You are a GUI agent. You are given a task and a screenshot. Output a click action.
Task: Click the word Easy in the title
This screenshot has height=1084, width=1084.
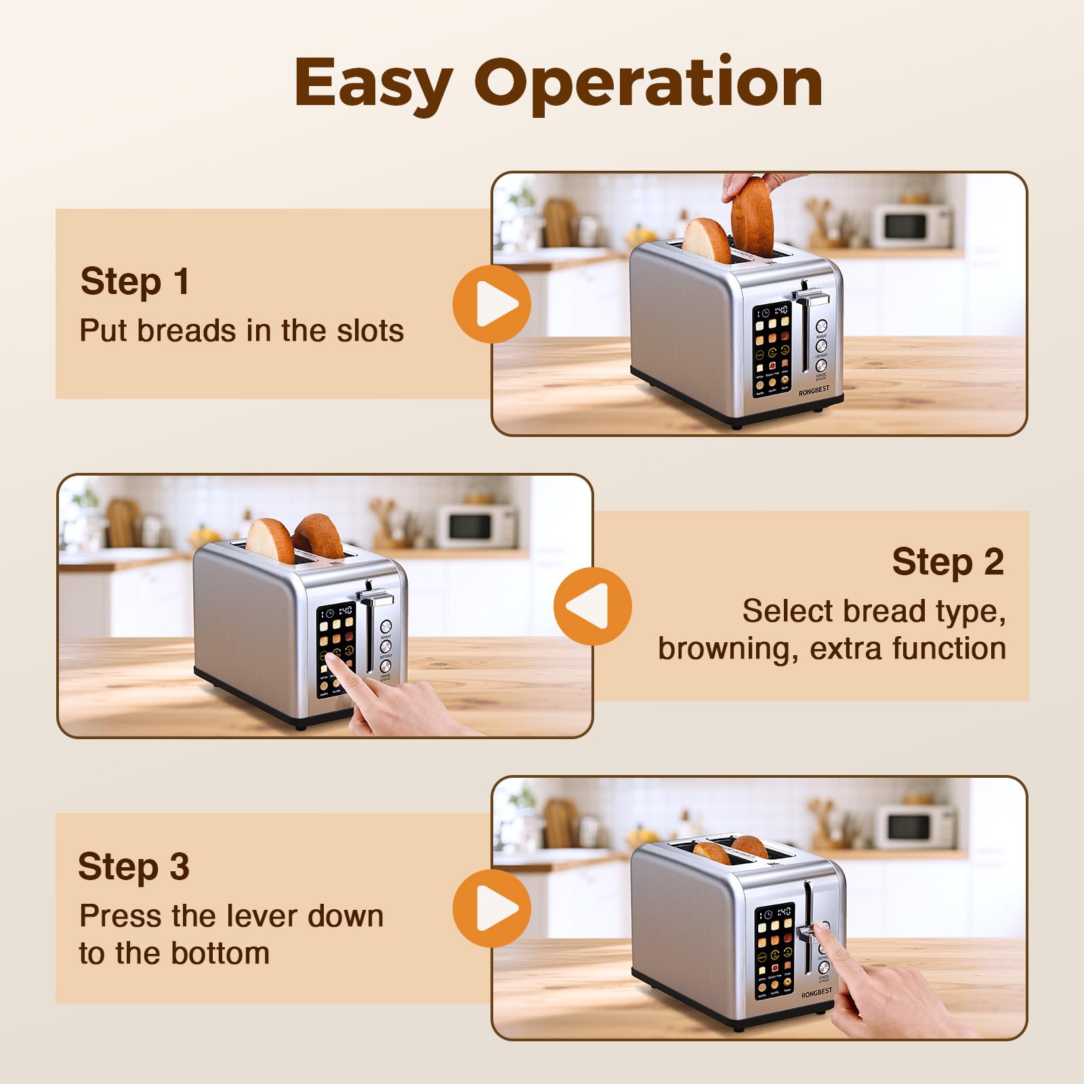(x=373, y=83)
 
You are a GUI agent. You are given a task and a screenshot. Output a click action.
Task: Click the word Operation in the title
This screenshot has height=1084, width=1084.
(x=648, y=83)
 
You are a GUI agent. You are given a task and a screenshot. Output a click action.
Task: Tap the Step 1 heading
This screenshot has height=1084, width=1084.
(x=135, y=281)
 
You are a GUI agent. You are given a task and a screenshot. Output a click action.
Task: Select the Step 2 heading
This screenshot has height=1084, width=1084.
(x=947, y=562)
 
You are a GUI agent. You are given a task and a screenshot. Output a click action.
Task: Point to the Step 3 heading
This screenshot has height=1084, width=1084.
(x=133, y=867)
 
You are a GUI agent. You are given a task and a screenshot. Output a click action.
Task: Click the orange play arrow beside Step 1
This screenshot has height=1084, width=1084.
(x=492, y=304)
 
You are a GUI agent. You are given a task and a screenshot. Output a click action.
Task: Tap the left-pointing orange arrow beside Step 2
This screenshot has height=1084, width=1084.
(x=592, y=606)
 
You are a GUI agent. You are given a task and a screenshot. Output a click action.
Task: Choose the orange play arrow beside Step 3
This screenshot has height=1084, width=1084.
(x=492, y=909)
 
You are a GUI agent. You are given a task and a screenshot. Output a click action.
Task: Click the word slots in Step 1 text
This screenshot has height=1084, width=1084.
(x=370, y=331)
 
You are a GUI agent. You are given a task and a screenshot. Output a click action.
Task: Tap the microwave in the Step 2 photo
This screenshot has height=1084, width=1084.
(x=476, y=526)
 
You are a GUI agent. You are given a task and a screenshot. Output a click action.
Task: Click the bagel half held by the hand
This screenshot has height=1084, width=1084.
(x=752, y=215)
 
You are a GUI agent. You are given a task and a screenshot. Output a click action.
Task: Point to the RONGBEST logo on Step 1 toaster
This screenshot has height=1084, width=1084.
(x=814, y=392)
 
